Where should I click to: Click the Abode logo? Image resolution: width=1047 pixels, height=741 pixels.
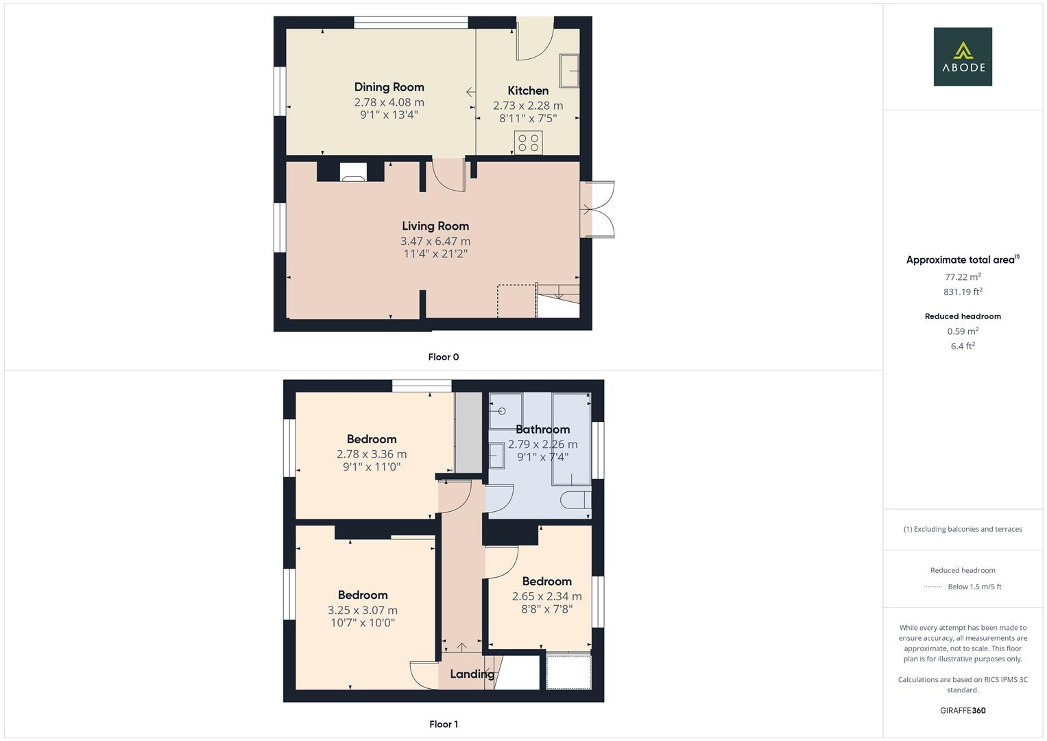coord(962,56)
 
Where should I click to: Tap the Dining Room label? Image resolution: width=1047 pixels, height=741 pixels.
coord(389,87)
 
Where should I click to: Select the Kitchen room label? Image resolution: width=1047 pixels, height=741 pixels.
coord(527,91)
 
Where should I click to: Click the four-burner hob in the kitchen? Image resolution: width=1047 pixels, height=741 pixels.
coord(528,143)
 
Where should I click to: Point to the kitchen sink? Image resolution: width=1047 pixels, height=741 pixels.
coord(569,71)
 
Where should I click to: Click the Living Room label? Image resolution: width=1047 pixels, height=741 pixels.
coord(435,226)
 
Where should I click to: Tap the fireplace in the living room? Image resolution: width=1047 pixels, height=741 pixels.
coord(353,172)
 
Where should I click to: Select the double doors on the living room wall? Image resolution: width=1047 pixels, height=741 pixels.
coord(597,210)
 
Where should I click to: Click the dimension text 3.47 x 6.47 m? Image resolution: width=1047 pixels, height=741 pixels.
coord(435,241)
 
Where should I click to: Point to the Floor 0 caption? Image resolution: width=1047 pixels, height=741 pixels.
coord(443,357)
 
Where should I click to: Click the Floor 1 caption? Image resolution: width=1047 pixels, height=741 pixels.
coord(443,724)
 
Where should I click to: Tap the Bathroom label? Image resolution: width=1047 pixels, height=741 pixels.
coord(542,430)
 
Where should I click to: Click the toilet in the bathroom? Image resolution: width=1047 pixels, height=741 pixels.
coord(575,500)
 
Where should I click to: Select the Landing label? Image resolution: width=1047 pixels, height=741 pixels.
coord(472,674)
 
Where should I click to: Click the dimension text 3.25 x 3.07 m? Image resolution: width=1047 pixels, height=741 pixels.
coord(362,610)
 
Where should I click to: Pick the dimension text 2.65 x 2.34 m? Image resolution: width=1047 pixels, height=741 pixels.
coord(546,596)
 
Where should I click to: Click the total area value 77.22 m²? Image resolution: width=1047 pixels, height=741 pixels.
coord(963,277)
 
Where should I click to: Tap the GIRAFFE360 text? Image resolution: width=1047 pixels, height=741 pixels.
coord(963,710)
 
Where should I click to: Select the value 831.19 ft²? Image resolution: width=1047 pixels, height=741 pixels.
coord(963,292)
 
